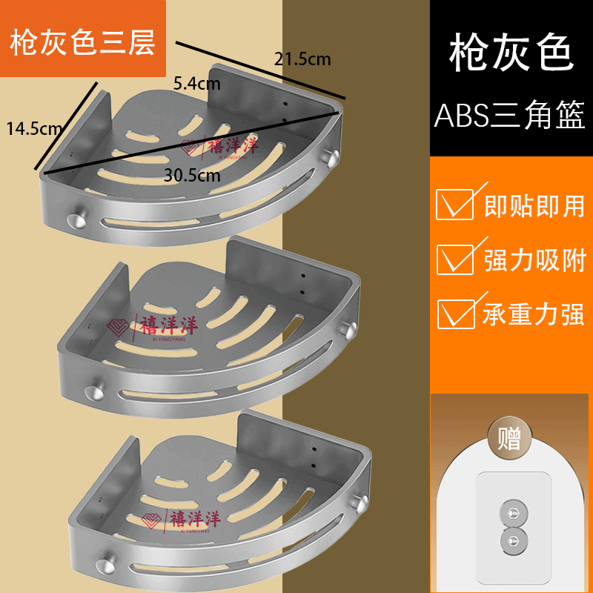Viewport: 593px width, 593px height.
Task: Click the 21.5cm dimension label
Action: pos(302,59)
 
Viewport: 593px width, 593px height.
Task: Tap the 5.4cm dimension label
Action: pos(195,83)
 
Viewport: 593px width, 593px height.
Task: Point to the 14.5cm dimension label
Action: pos(34,127)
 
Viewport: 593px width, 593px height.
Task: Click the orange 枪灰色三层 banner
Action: pos(83,42)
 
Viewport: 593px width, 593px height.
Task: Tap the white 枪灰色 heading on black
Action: pos(511,54)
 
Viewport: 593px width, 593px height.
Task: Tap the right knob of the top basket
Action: pos(334,158)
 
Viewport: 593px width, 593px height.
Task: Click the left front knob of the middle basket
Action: pos(93,391)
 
